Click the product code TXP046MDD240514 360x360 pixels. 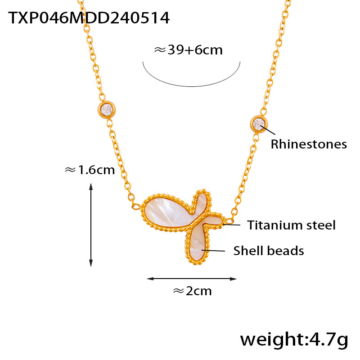[x=89, y=18]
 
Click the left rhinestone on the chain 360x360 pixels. [x=107, y=109]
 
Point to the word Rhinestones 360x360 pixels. [x=308, y=144]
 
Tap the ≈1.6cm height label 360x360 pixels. [x=90, y=170]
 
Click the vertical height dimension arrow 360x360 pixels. [x=91, y=225]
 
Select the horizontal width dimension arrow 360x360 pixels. [x=192, y=279]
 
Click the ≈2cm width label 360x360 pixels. [x=192, y=291]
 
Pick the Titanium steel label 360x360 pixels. [x=291, y=225]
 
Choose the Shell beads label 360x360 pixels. [x=268, y=251]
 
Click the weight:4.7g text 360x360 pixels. [x=294, y=339]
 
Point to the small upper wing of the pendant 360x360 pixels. [x=202, y=201]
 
